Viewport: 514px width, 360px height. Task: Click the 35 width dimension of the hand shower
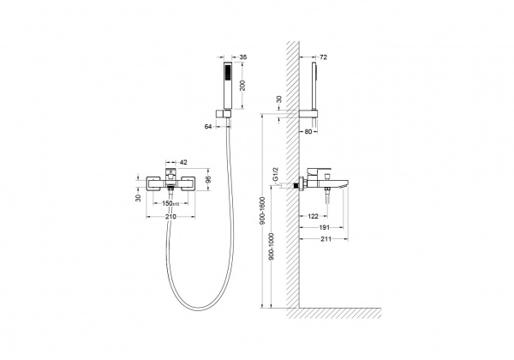coord(243,57)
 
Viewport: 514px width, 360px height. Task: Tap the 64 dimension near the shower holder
coord(208,127)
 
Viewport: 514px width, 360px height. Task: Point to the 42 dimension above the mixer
coord(183,162)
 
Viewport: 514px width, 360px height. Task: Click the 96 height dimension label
coord(208,179)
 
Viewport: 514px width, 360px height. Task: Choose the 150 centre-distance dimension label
coord(170,203)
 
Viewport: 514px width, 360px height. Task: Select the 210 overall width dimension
coord(170,216)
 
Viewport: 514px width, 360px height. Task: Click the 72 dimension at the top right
coord(323,57)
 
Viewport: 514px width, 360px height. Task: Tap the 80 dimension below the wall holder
coord(308,131)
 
